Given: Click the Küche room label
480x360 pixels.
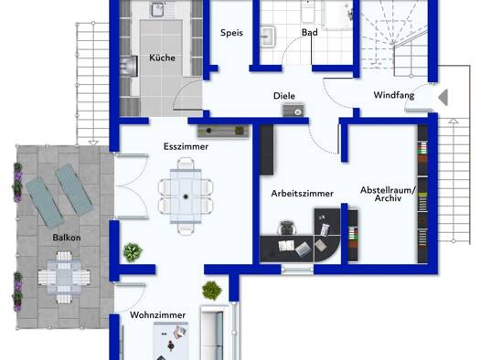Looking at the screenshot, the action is pyautogui.click(x=162, y=58).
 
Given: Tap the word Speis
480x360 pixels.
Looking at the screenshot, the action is pyautogui.click(x=231, y=33).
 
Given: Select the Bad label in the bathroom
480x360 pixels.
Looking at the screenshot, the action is pyautogui.click(x=310, y=32).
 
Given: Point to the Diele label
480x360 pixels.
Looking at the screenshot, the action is pyautogui.click(x=284, y=96).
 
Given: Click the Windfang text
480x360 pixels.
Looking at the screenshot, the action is pyautogui.click(x=394, y=95).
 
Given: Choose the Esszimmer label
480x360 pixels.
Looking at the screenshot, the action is pyautogui.click(x=186, y=146).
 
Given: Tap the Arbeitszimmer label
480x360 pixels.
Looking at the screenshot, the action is pyautogui.click(x=302, y=194).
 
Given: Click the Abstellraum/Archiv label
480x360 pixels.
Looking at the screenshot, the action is pyautogui.click(x=388, y=194).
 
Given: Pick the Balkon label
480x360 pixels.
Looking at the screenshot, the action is pyautogui.click(x=67, y=238).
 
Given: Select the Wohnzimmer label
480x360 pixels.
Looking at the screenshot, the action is pyautogui.click(x=157, y=315).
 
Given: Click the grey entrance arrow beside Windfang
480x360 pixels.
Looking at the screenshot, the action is pyautogui.click(x=443, y=98).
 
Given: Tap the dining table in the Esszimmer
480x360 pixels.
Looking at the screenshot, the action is pyautogui.click(x=186, y=196).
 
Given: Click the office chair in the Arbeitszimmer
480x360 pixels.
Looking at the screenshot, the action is pyautogui.click(x=287, y=228).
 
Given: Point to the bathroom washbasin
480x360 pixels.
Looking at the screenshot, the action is pyautogui.click(x=268, y=37).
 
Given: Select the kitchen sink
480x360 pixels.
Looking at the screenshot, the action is pyautogui.click(x=157, y=10).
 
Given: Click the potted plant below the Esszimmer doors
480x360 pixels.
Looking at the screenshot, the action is pyautogui.click(x=133, y=252).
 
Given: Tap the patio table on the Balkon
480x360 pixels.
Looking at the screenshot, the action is pyautogui.click(x=64, y=278).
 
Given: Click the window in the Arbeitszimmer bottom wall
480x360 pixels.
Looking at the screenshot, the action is pyautogui.click(x=297, y=270).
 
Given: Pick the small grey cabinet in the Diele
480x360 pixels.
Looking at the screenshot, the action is pyautogui.click(x=293, y=111).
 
